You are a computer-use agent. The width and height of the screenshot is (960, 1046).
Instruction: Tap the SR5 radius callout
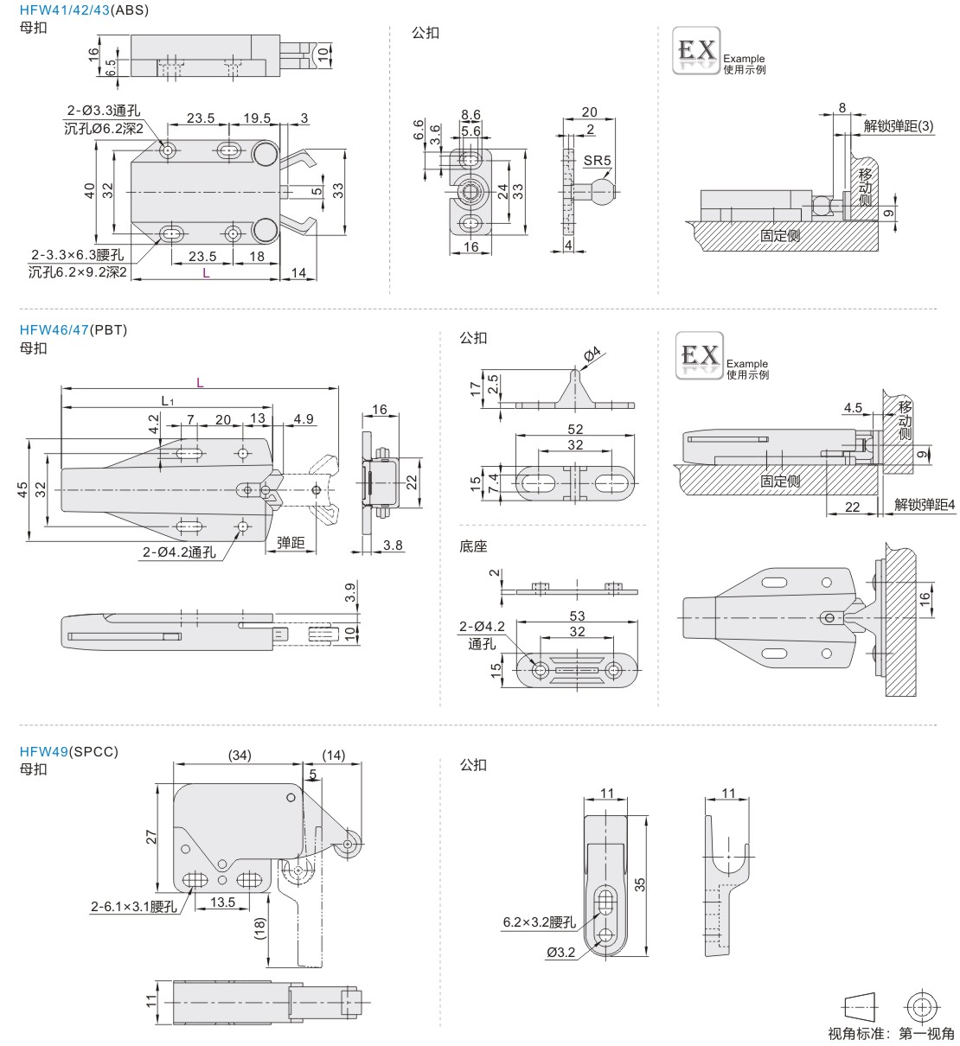point(597,160)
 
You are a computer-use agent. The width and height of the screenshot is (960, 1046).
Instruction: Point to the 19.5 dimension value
point(257,118)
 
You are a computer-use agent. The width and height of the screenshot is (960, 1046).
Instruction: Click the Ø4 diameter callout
point(592,355)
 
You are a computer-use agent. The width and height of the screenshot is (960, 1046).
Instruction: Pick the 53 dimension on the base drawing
point(577,615)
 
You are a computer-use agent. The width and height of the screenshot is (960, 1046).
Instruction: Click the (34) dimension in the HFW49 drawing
point(240,755)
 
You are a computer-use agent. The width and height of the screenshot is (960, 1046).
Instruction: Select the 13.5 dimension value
point(222,902)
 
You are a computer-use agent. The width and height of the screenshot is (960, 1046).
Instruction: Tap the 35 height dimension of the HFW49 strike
point(640,884)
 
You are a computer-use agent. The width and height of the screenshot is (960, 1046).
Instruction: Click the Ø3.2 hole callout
point(560,953)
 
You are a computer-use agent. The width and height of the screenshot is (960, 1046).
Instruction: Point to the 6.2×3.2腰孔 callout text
point(539,922)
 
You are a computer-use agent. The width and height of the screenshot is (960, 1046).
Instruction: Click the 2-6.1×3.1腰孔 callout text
point(134,906)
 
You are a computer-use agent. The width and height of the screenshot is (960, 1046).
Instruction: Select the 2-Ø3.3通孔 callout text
point(103,112)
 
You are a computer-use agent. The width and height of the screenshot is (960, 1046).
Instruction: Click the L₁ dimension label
point(168,401)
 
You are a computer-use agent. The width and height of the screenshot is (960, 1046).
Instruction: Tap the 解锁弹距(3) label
point(899,126)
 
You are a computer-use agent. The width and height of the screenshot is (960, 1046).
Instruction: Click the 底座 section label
point(474,546)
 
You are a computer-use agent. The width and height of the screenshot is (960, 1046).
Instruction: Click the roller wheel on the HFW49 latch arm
point(350,845)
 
